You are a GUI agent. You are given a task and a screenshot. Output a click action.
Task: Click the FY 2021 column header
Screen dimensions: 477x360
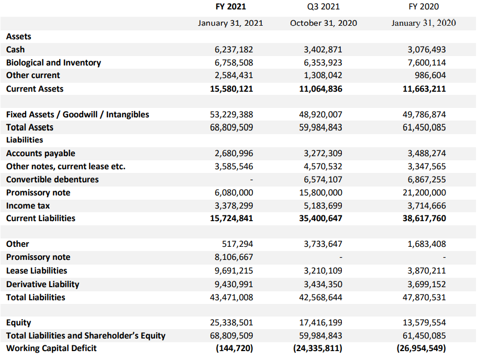(230, 7)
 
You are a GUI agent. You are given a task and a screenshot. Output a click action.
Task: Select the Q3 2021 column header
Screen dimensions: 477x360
(324, 7)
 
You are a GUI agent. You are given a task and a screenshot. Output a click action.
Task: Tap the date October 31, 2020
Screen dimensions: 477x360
(324, 23)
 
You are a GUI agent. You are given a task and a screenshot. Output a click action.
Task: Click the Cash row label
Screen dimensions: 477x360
(16, 49)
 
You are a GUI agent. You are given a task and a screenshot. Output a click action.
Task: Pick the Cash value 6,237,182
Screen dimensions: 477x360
(234, 50)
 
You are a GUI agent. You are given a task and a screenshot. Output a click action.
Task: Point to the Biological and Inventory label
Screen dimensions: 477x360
(53, 62)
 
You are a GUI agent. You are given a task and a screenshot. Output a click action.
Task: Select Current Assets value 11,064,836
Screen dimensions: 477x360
(320, 89)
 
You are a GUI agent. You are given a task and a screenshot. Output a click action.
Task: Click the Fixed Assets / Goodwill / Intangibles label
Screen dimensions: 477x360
(77, 115)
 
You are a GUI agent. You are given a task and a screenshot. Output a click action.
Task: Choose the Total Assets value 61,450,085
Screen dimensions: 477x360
(424, 127)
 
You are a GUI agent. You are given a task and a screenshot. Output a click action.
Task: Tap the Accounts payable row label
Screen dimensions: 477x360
(41, 153)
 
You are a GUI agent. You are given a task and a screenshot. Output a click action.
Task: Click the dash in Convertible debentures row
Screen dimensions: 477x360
(251, 180)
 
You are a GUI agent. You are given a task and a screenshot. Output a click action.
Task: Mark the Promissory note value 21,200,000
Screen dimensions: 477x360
(424, 193)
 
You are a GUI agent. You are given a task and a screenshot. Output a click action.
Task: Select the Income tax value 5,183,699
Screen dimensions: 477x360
(323, 206)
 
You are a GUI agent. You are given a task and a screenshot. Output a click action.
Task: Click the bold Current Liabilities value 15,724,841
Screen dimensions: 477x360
(231, 219)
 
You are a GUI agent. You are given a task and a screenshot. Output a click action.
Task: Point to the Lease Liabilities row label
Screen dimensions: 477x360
(37, 270)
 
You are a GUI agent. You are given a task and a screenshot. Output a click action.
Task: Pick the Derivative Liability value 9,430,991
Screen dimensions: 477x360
(234, 284)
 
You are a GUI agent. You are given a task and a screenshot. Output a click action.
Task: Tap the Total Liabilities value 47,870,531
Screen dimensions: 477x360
(424, 297)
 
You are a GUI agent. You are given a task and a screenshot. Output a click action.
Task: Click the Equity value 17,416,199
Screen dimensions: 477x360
(320, 323)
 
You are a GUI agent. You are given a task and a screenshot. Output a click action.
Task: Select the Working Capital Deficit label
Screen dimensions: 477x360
(51, 348)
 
